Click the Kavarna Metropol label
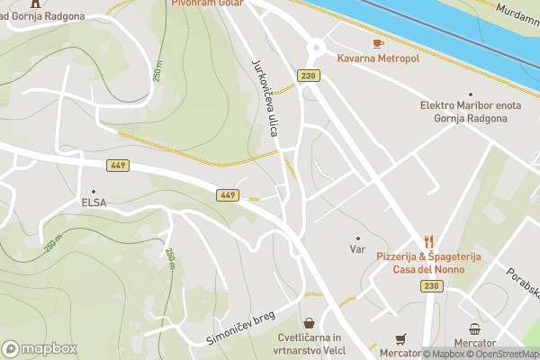pyautogui.click(x=378, y=58)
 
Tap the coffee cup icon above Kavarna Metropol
pyautogui.click(x=378, y=42)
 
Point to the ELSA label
pyautogui.click(x=93, y=202)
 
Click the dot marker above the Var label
pyautogui.click(x=357, y=238)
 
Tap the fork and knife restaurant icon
pyautogui.click(x=428, y=241)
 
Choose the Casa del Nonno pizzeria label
pyautogui.click(x=428, y=263)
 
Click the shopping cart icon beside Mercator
pyautogui.click(x=400, y=338)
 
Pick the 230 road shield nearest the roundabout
pyautogui.click(x=309, y=76)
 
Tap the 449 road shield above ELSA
pyautogui.click(x=118, y=165)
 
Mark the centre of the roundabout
pyautogui.click(x=316, y=48)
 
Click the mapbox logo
pyautogui.click(x=40, y=348)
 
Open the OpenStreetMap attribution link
pyautogui.click(x=505, y=354)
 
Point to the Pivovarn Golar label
pyautogui.click(x=206, y=4)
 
